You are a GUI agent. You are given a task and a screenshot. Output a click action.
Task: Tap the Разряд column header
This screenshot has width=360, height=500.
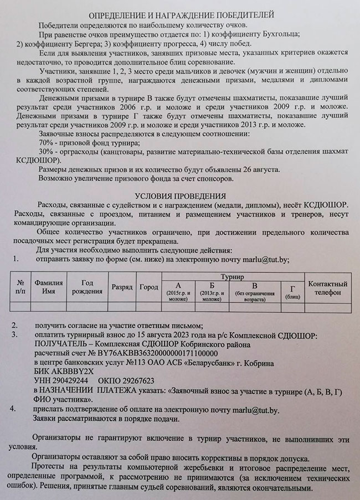pyautogui.click(x=122, y=288)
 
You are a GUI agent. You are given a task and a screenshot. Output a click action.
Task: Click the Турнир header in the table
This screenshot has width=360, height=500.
pyautogui.click(x=233, y=275)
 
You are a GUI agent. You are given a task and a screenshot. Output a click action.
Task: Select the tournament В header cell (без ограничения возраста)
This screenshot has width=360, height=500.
pyautogui.click(x=254, y=292)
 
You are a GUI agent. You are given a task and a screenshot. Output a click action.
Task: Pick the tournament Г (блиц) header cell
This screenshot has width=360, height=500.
pyautogui.click(x=292, y=292)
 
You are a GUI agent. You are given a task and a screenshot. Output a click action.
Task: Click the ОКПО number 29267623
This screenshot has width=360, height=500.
pyautogui.click(x=133, y=381)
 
